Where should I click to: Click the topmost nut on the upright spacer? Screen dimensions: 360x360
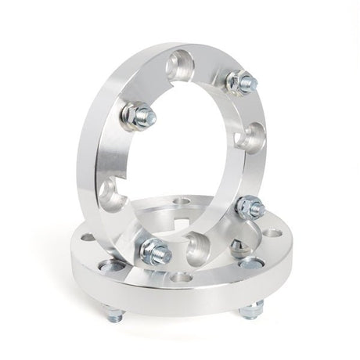(241, 81)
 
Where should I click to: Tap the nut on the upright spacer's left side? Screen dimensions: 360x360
(139, 116)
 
